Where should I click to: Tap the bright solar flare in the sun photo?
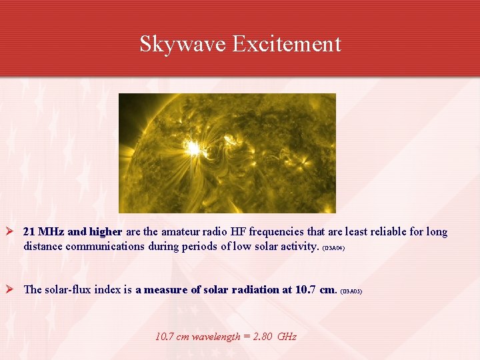pos(193,148)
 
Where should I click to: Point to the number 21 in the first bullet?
pos(29,232)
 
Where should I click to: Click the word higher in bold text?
pos(106,232)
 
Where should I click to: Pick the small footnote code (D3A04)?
pos(333,247)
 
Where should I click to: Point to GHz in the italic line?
pos(287,337)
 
